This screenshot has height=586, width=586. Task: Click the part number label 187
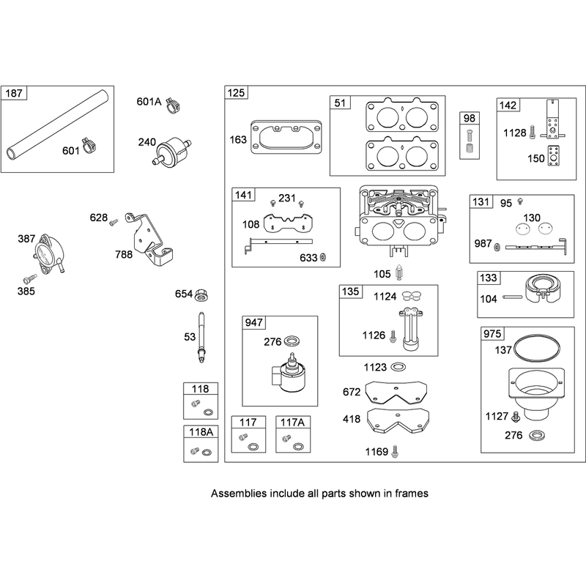pyautogui.click(x=14, y=93)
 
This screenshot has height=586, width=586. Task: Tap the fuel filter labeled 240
pyautogui.click(x=172, y=151)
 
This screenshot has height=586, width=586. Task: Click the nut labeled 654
pyautogui.click(x=202, y=295)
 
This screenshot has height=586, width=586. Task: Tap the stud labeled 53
pyautogui.click(x=202, y=337)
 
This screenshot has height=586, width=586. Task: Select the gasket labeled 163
pyautogui.click(x=286, y=138)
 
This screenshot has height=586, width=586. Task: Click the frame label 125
pyautogui.click(x=236, y=93)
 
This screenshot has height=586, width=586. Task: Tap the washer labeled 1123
pyautogui.click(x=398, y=367)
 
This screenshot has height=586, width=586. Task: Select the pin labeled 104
pyautogui.click(x=513, y=297)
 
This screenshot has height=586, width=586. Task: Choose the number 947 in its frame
pyautogui.click(x=253, y=322)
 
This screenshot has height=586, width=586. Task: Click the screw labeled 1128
pyautogui.click(x=533, y=133)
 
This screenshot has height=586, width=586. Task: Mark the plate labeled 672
pyautogui.click(x=396, y=393)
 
